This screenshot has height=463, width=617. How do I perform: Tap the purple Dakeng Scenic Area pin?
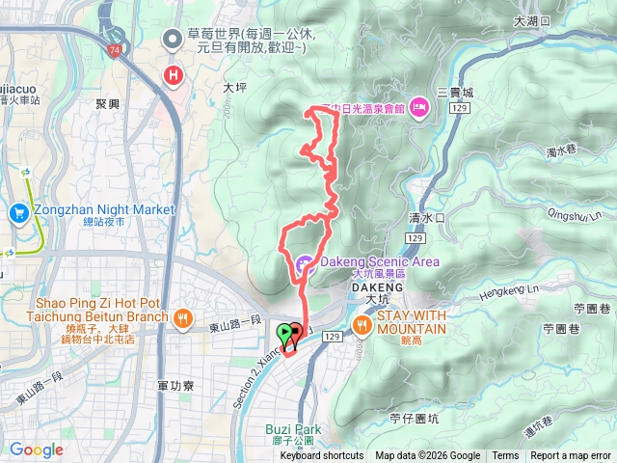(304, 261)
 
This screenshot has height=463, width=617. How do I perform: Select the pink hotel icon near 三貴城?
(419, 105)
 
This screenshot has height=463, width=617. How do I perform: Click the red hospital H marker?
(174, 74)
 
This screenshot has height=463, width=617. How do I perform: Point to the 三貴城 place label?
(455, 93)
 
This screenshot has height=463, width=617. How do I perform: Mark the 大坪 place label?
(235, 87)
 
